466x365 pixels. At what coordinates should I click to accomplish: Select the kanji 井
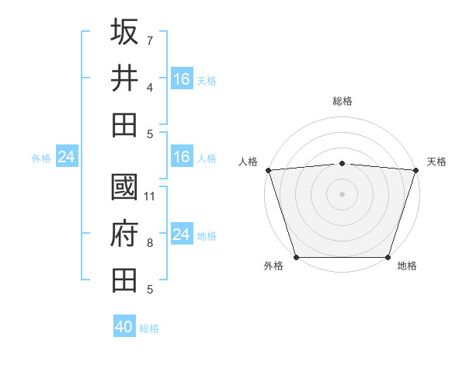[x=124, y=78]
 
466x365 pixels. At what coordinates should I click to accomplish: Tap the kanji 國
[x=124, y=188]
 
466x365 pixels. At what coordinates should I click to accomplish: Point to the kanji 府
[x=124, y=234]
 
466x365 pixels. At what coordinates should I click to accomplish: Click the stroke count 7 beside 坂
[x=150, y=40]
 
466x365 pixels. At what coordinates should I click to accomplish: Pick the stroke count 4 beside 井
[x=150, y=88]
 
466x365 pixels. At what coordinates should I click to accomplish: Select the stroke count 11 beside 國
[x=150, y=196]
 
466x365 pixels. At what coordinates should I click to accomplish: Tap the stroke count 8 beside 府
[x=150, y=244]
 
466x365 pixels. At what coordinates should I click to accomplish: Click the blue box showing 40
[x=124, y=327]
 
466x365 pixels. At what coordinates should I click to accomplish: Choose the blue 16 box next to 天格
[x=182, y=78]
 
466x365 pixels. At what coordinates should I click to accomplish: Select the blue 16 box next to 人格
[x=182, y=158]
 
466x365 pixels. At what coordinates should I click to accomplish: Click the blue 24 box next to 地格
[x=182, y=235]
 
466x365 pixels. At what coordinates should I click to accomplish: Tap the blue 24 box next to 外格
[x=66, y=158]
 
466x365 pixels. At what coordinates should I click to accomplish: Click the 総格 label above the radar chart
[x=342, y=101]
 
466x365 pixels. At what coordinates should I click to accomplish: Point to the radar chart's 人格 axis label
[x=249, y=162]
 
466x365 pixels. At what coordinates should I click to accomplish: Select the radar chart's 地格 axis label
[x=407, y=266]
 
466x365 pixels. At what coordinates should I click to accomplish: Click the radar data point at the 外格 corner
[x=296, y=257]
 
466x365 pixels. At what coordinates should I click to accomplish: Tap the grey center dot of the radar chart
[x=342, y=193]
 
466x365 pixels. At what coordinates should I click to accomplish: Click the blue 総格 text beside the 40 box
[x=149, y=328]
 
